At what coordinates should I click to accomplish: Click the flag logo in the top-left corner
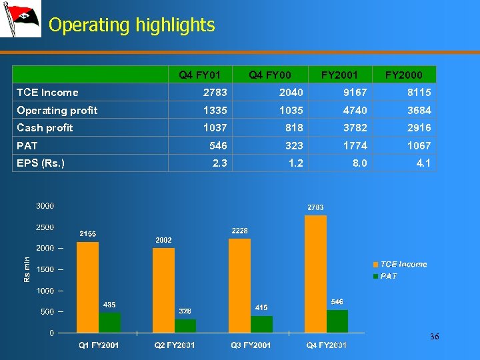[x=21, y=19]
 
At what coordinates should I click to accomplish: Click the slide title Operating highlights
[x=131, y=25]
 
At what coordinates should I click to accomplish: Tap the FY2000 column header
[x=403, y=75]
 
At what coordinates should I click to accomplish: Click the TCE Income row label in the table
[x=47, y=93]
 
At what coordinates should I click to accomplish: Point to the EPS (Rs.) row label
[x=41, y=163]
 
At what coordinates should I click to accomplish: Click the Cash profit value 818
[x=293, y=128]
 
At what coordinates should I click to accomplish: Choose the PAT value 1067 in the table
[x=419, y=145]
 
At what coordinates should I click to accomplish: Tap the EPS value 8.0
[x=359, y=163]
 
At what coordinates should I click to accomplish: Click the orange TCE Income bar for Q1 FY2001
[x=87, y=287]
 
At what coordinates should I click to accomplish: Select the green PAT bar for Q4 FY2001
[x=337, y=321]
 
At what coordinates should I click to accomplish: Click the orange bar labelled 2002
[x=163, y=290]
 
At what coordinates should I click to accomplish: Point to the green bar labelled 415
[x=261, y=324]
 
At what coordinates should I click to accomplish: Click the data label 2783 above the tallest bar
[x=315, y=207]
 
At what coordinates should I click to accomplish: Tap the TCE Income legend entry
[x=400, y=264]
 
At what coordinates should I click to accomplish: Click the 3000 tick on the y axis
[x=45, y=206]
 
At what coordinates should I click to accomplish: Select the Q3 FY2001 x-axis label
[x=251, y=345]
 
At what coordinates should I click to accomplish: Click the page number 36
[x=434, y=337]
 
